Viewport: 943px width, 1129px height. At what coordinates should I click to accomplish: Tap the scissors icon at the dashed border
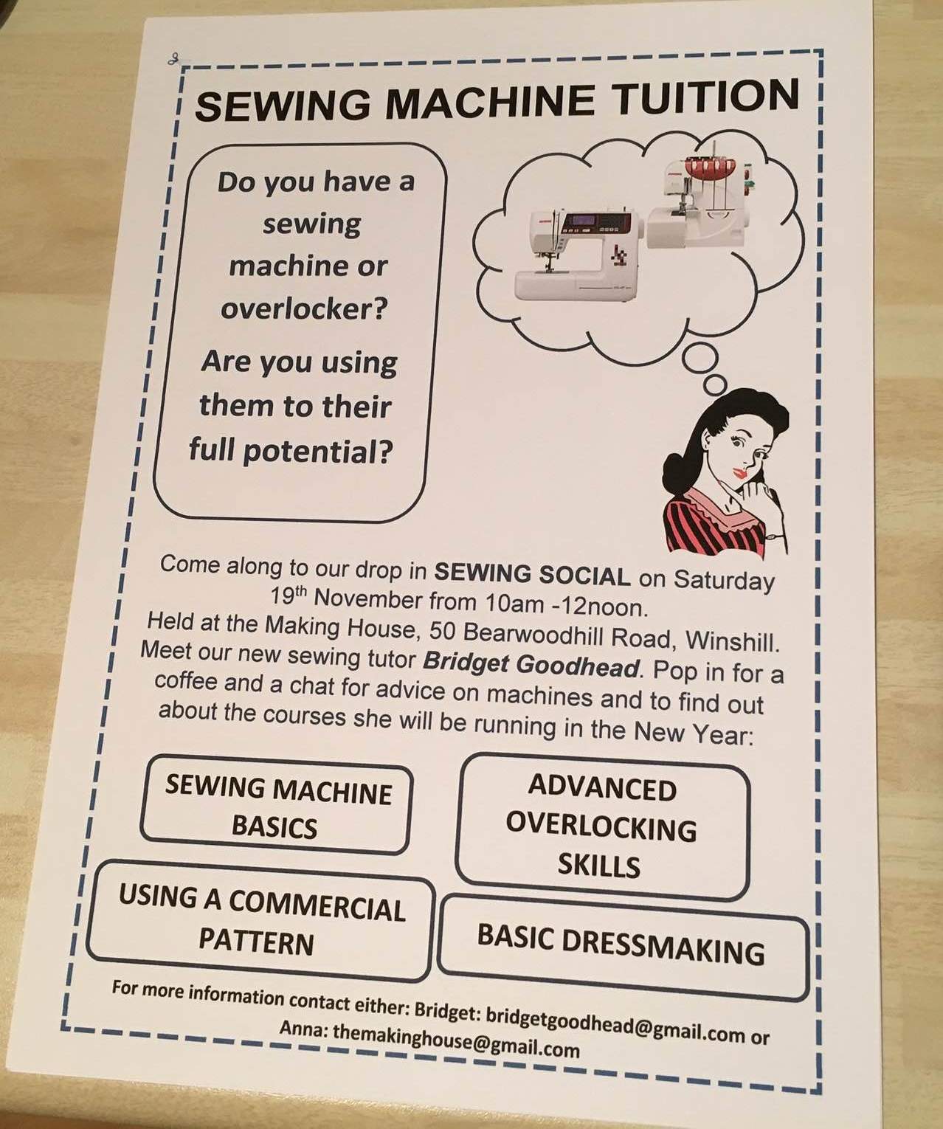tap(173, 58)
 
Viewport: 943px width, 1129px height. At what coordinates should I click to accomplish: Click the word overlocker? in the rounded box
tap(305, 308)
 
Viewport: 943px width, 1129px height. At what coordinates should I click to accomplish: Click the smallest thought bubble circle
tap(715, 384)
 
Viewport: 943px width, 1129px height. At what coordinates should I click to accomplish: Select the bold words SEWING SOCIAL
tap(532, 574)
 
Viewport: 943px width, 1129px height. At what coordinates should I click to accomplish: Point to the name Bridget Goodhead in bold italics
tap(531, 663)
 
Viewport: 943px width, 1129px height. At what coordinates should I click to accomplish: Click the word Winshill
tap(733, 641)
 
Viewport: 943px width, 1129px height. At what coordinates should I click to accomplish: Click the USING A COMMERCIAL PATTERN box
tap(260, 920)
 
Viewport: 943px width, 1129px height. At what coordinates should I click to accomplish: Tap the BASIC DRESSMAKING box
tap(622, 947)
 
